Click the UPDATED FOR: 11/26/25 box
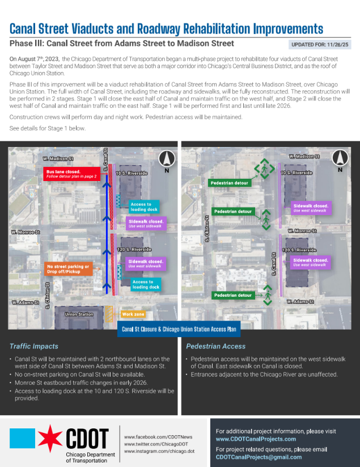(x=319, y=44)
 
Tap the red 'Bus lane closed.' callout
(x=71, y=173)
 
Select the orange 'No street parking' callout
(x=67, y=268)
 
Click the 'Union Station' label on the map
(x=79, y=314)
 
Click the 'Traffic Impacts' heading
(x=33, y=346)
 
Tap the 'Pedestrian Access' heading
(x=216, y=346)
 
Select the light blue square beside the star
(x=23, y=439)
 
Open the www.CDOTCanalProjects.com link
(x=256, y=439)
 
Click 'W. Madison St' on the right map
(x=304, y=156)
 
